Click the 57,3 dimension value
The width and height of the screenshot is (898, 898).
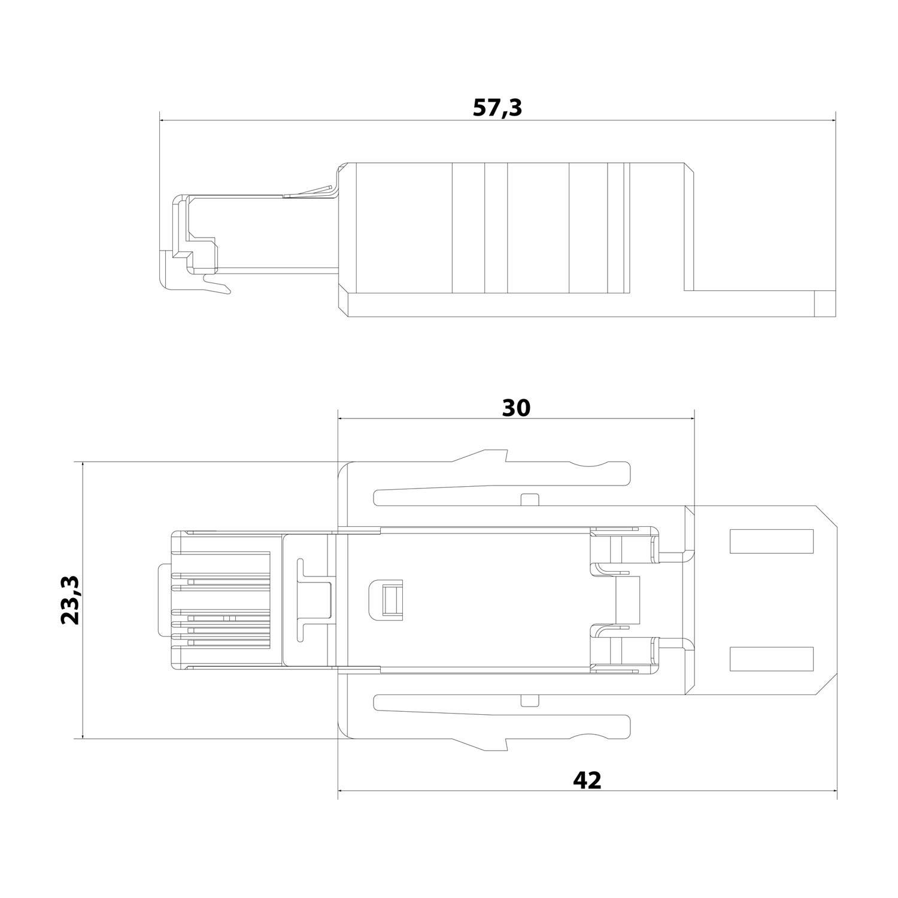[497, 108]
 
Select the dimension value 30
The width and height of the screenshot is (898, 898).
[516, 408]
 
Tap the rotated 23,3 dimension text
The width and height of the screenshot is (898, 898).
[71, 600]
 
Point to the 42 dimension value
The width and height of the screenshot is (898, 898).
[587, 780]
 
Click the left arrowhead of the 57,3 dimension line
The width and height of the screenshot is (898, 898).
[163, 120]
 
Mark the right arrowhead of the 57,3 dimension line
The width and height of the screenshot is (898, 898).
[833, 120]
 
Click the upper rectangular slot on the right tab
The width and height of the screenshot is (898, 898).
[772, 541]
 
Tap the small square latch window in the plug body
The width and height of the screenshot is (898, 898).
[387, 599]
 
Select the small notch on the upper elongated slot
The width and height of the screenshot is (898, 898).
[529, 499]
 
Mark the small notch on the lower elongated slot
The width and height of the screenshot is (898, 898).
[529, 700]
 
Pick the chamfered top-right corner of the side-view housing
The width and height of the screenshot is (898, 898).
[689, 167]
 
